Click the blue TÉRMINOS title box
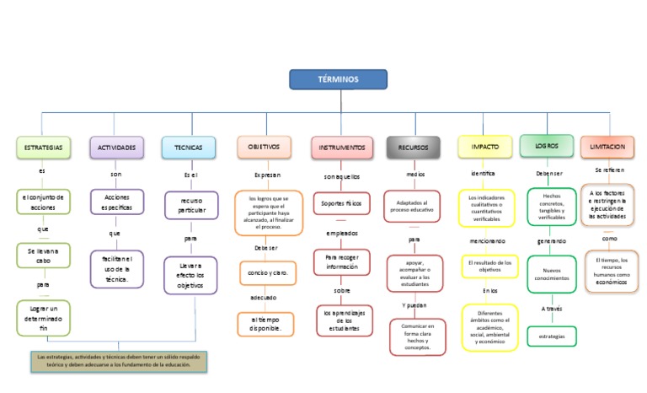click(338, 79)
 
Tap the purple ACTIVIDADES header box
click(116, 147)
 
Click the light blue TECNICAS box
click(189, 147)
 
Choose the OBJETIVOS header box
click(264, 147)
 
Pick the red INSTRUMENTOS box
click(341, 147)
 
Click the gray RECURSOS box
click(413, 147)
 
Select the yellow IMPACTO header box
click(484, 147)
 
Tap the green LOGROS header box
click(546, 146)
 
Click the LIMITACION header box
click(607, 147)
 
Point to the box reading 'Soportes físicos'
click(341, 203)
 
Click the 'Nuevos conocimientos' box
click(551, 273)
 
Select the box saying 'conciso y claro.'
click(268, 273)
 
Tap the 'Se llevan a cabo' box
click(43, 256)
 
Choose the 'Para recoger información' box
click(341, 261)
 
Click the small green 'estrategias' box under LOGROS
click(551, 336)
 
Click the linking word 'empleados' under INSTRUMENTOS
click(341, 233)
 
